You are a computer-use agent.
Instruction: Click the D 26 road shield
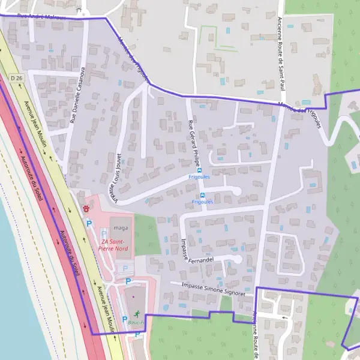[x=16, y=78]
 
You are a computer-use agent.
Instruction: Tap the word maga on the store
[x=121, y=228]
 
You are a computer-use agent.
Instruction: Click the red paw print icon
[x=88, y=209]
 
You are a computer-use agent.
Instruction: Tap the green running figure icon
[x=137, y=313]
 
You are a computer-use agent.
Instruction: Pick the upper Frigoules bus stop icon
[x=200, y=170]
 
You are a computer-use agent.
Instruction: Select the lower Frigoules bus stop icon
[x=202, y=195]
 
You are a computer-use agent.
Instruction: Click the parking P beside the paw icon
[x=89, y=223]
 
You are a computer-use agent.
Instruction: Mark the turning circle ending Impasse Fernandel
[x=238, y=259]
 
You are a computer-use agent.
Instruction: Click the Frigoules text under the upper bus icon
[x=199, y=178]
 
